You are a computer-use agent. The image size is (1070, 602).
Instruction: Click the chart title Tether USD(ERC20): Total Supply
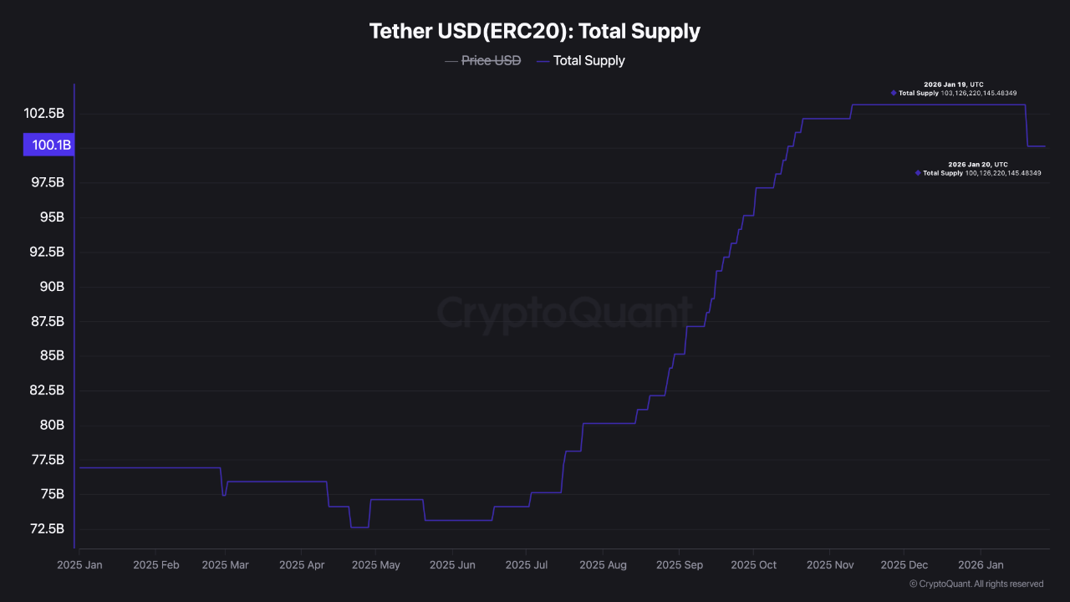[535, 32]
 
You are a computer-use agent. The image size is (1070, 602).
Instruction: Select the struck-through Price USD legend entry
[491, 60]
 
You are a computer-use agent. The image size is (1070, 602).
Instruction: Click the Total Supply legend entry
[588, 60]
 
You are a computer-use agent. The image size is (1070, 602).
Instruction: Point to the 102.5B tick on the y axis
[43, 113]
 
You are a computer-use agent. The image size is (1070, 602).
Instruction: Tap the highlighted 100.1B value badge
[50, 145]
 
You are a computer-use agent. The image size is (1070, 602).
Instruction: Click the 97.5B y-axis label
[47, 182]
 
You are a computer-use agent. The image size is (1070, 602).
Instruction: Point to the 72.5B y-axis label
[47, 528]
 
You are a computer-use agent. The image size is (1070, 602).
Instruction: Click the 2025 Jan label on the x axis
[79, 565]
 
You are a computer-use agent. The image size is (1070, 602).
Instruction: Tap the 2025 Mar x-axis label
[225, 565]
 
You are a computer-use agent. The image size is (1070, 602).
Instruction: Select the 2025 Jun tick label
[452, 565]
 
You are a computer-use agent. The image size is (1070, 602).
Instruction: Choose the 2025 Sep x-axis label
[680, 565]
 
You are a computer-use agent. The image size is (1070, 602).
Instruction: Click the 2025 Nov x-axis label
[830, 565]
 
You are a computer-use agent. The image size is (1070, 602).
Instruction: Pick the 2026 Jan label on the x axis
[981, 565]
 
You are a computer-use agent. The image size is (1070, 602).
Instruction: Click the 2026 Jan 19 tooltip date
[945, 84]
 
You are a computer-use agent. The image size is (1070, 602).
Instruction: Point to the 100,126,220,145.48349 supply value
[1003, 173]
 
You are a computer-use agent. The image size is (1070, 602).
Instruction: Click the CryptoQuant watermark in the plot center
[565, 314]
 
